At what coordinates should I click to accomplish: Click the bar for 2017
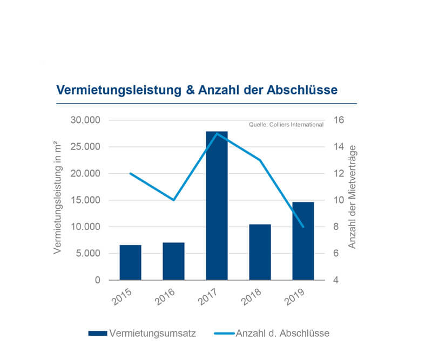pos(217,206)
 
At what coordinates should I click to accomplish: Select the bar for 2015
pos(130,262)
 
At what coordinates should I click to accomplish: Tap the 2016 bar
pos(173,261)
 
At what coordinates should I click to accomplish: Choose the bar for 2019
pos(303,241)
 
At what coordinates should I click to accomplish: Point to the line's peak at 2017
pos(217,133)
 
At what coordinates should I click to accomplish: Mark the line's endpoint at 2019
pos(303,227)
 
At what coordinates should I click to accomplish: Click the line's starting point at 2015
pos(130,173)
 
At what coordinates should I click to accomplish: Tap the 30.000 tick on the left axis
pos(85,120)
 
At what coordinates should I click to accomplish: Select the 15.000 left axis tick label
pos(85,200)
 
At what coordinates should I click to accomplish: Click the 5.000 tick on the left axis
pos(87,254)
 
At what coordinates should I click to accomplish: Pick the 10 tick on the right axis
pos(337,200)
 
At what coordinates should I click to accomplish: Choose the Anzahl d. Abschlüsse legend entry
pos(282,333)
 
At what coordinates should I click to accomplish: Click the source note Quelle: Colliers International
pos(286,125)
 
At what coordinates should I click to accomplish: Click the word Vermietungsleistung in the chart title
pos(119,90)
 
